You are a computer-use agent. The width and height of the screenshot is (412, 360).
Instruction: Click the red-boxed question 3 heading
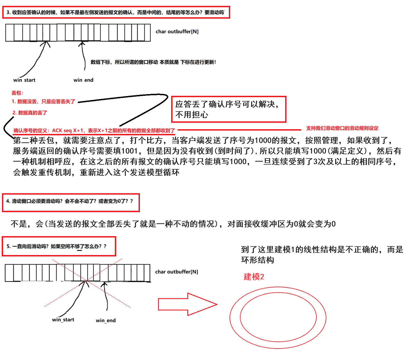coord(116,13)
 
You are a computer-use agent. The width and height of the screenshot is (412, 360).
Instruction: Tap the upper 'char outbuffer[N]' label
coord(177,32)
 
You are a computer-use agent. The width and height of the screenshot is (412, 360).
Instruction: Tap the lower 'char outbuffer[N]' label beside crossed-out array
coord(176,272)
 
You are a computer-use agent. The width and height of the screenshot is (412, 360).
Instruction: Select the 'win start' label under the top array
coord(24,80)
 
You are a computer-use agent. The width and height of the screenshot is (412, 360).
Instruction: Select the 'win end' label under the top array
coord(83,80)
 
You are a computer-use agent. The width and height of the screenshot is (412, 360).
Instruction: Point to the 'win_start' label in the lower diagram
coord(63,320)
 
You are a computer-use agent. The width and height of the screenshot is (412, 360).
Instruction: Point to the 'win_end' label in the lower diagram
coord(106,320)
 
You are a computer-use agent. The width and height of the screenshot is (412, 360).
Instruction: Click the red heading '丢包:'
coord(17,93)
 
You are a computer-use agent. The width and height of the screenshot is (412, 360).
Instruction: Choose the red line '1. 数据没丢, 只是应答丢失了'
coord(43,102)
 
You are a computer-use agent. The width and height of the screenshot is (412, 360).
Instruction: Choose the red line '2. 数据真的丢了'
coord(30,113)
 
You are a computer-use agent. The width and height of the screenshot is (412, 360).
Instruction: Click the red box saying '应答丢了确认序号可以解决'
coord(229,109)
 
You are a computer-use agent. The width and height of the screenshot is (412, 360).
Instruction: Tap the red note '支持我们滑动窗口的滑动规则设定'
coord(342,128)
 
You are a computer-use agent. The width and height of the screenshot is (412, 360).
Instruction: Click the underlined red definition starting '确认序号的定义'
coord(94,131)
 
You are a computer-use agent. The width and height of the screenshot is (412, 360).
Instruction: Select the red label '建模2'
coord(254,277)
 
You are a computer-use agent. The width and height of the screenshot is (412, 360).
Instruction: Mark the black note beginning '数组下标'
coord(153,62)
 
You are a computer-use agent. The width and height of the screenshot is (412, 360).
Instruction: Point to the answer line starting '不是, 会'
coord(173,224)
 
